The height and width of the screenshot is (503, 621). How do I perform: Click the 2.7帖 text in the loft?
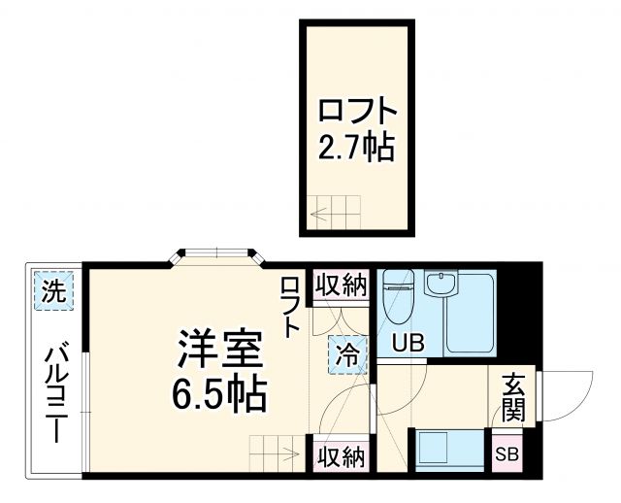click(x=356, y=147)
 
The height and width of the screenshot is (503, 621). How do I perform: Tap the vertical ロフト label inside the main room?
click(x=290, y=307)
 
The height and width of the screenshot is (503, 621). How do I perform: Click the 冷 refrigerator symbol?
click(x=346, y=353)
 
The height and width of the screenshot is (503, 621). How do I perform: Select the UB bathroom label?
click(x=408, y=342)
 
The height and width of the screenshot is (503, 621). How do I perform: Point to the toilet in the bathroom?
click(x=399, y=295)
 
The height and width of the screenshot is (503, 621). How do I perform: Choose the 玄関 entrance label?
click(x=513, y=397)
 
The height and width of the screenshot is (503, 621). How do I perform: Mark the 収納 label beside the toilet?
click(x=340, y=286)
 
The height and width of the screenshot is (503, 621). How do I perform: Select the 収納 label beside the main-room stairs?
click(x=340, y=456)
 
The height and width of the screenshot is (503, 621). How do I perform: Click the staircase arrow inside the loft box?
click(x=336, y=214)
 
